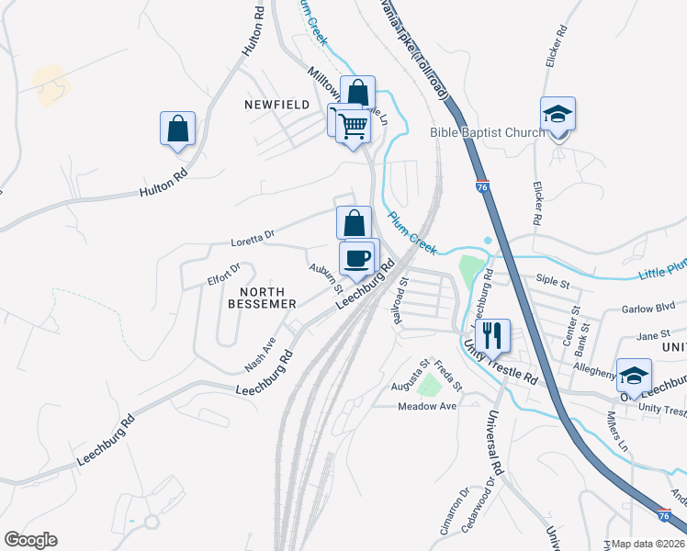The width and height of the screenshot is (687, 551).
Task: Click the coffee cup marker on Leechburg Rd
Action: point(357,258)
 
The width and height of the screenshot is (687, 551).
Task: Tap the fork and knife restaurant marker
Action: point(494,335)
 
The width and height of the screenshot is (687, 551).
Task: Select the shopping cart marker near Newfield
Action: point(353,125)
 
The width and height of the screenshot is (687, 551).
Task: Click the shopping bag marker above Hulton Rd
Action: point(177,129)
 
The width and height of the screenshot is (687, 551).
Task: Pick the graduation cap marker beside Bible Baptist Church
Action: point(557,115)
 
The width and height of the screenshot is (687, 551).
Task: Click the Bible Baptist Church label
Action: point(487,133)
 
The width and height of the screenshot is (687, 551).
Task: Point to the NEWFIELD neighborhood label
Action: point(276,105)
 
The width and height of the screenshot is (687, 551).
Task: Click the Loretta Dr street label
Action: point(256,237)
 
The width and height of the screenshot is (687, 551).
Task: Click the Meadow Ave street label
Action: point(427,406)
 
